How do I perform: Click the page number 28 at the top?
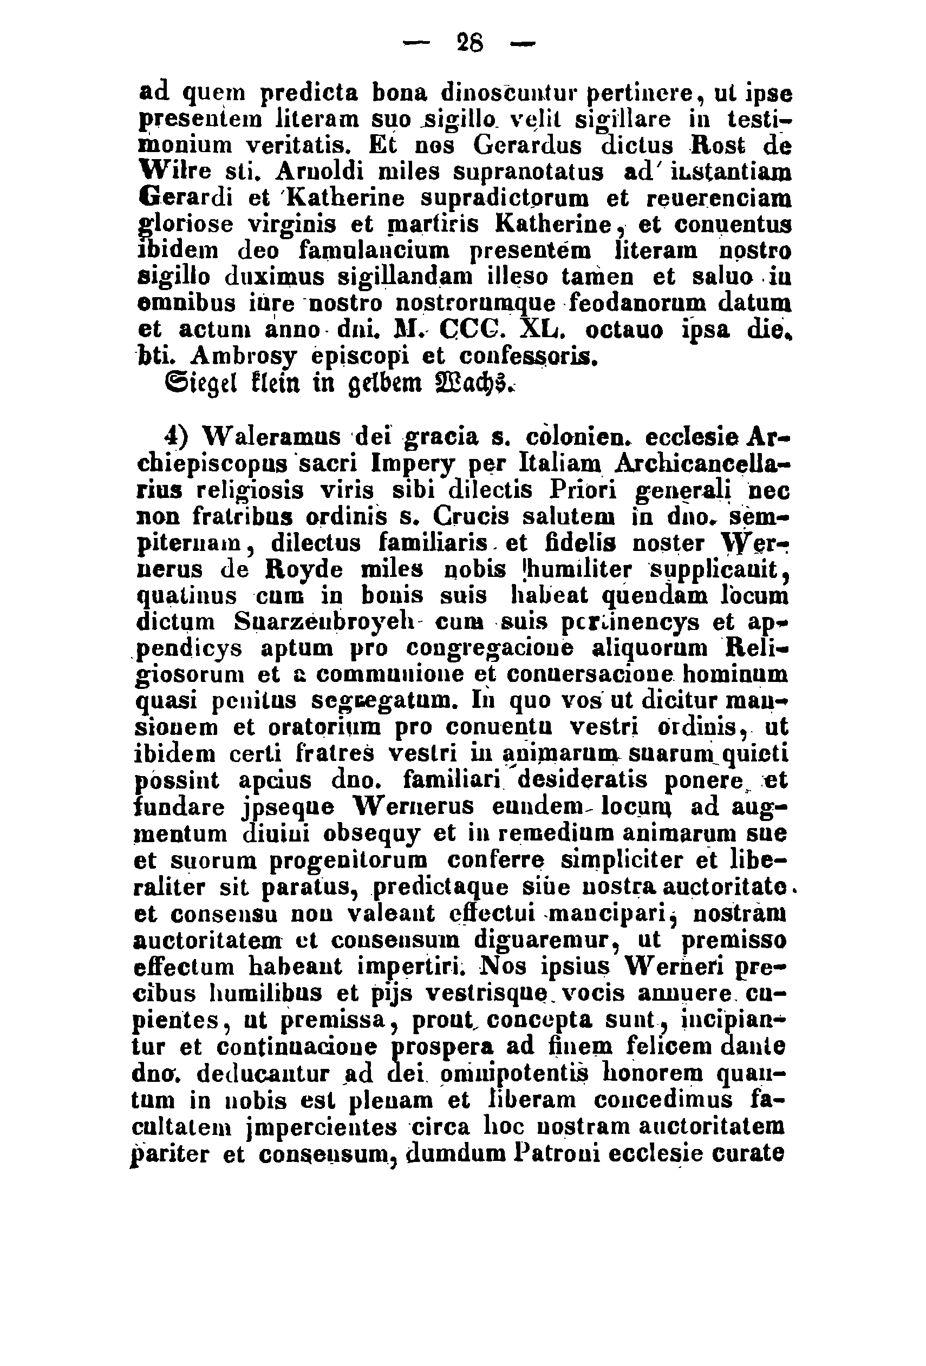[469, 43]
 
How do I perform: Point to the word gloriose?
[185, 224]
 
